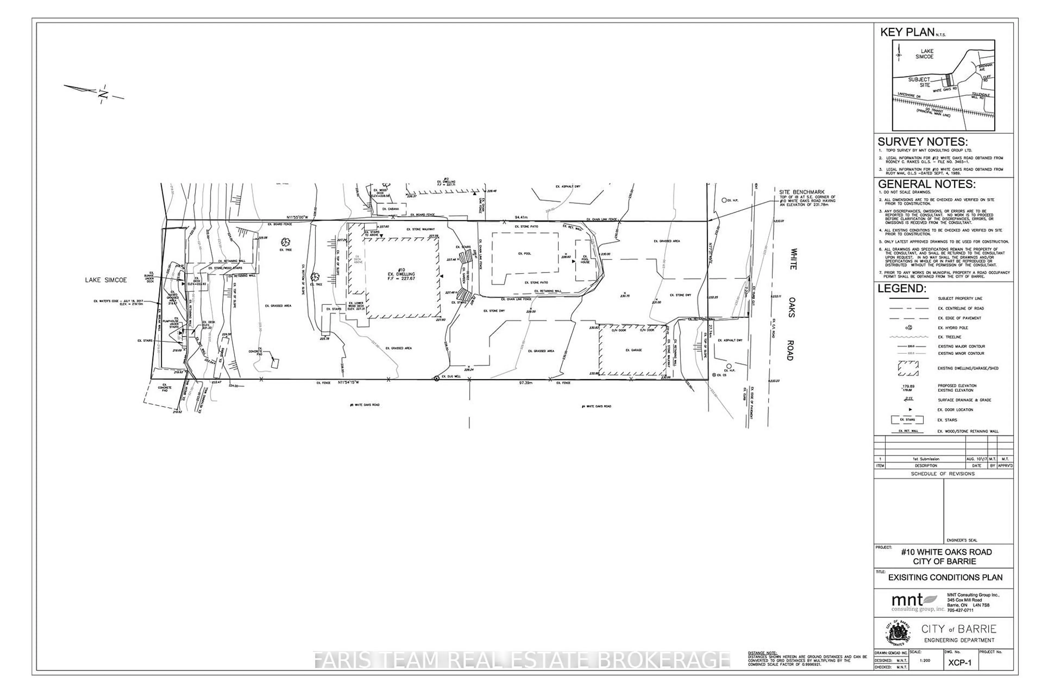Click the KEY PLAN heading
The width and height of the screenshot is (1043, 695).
907,32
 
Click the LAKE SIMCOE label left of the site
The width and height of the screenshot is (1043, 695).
106,280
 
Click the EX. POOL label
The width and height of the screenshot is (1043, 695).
524,254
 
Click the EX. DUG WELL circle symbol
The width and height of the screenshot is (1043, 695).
436,378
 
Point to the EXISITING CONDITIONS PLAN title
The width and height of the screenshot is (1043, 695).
945,577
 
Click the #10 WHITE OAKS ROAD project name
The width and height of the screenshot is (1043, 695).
946,552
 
